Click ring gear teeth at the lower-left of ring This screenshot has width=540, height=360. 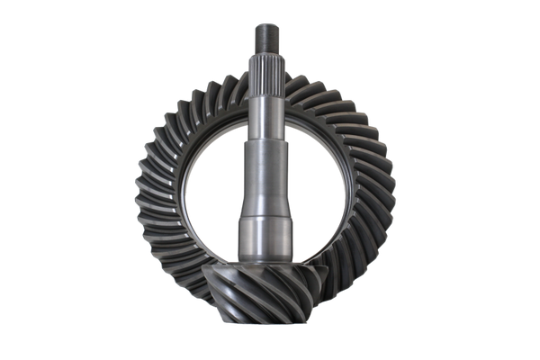(x=175, y=270)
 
